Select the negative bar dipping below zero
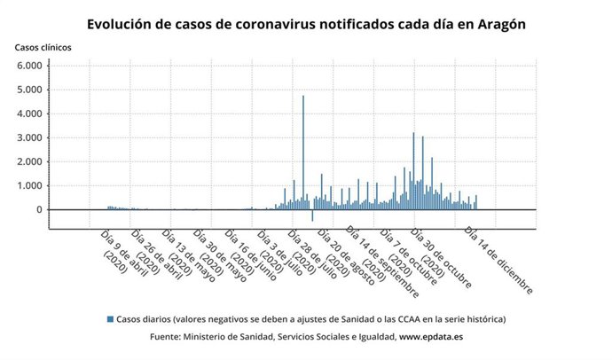[312, 215]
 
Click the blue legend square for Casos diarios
[110, 318]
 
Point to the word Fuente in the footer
[169, 337]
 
